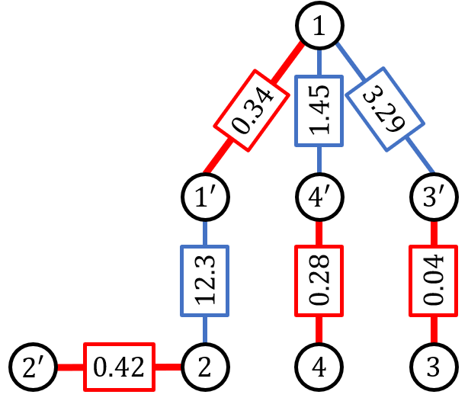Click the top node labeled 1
tap(319, 28)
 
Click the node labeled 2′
tap(33, 367)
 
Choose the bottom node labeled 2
tap(204, 367)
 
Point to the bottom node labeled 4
tap(319, 367)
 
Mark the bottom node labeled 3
tap(434, 367)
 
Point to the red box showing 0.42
tap(118, 367)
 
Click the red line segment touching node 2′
tap(68, 367)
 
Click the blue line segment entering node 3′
tap(420, 158)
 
